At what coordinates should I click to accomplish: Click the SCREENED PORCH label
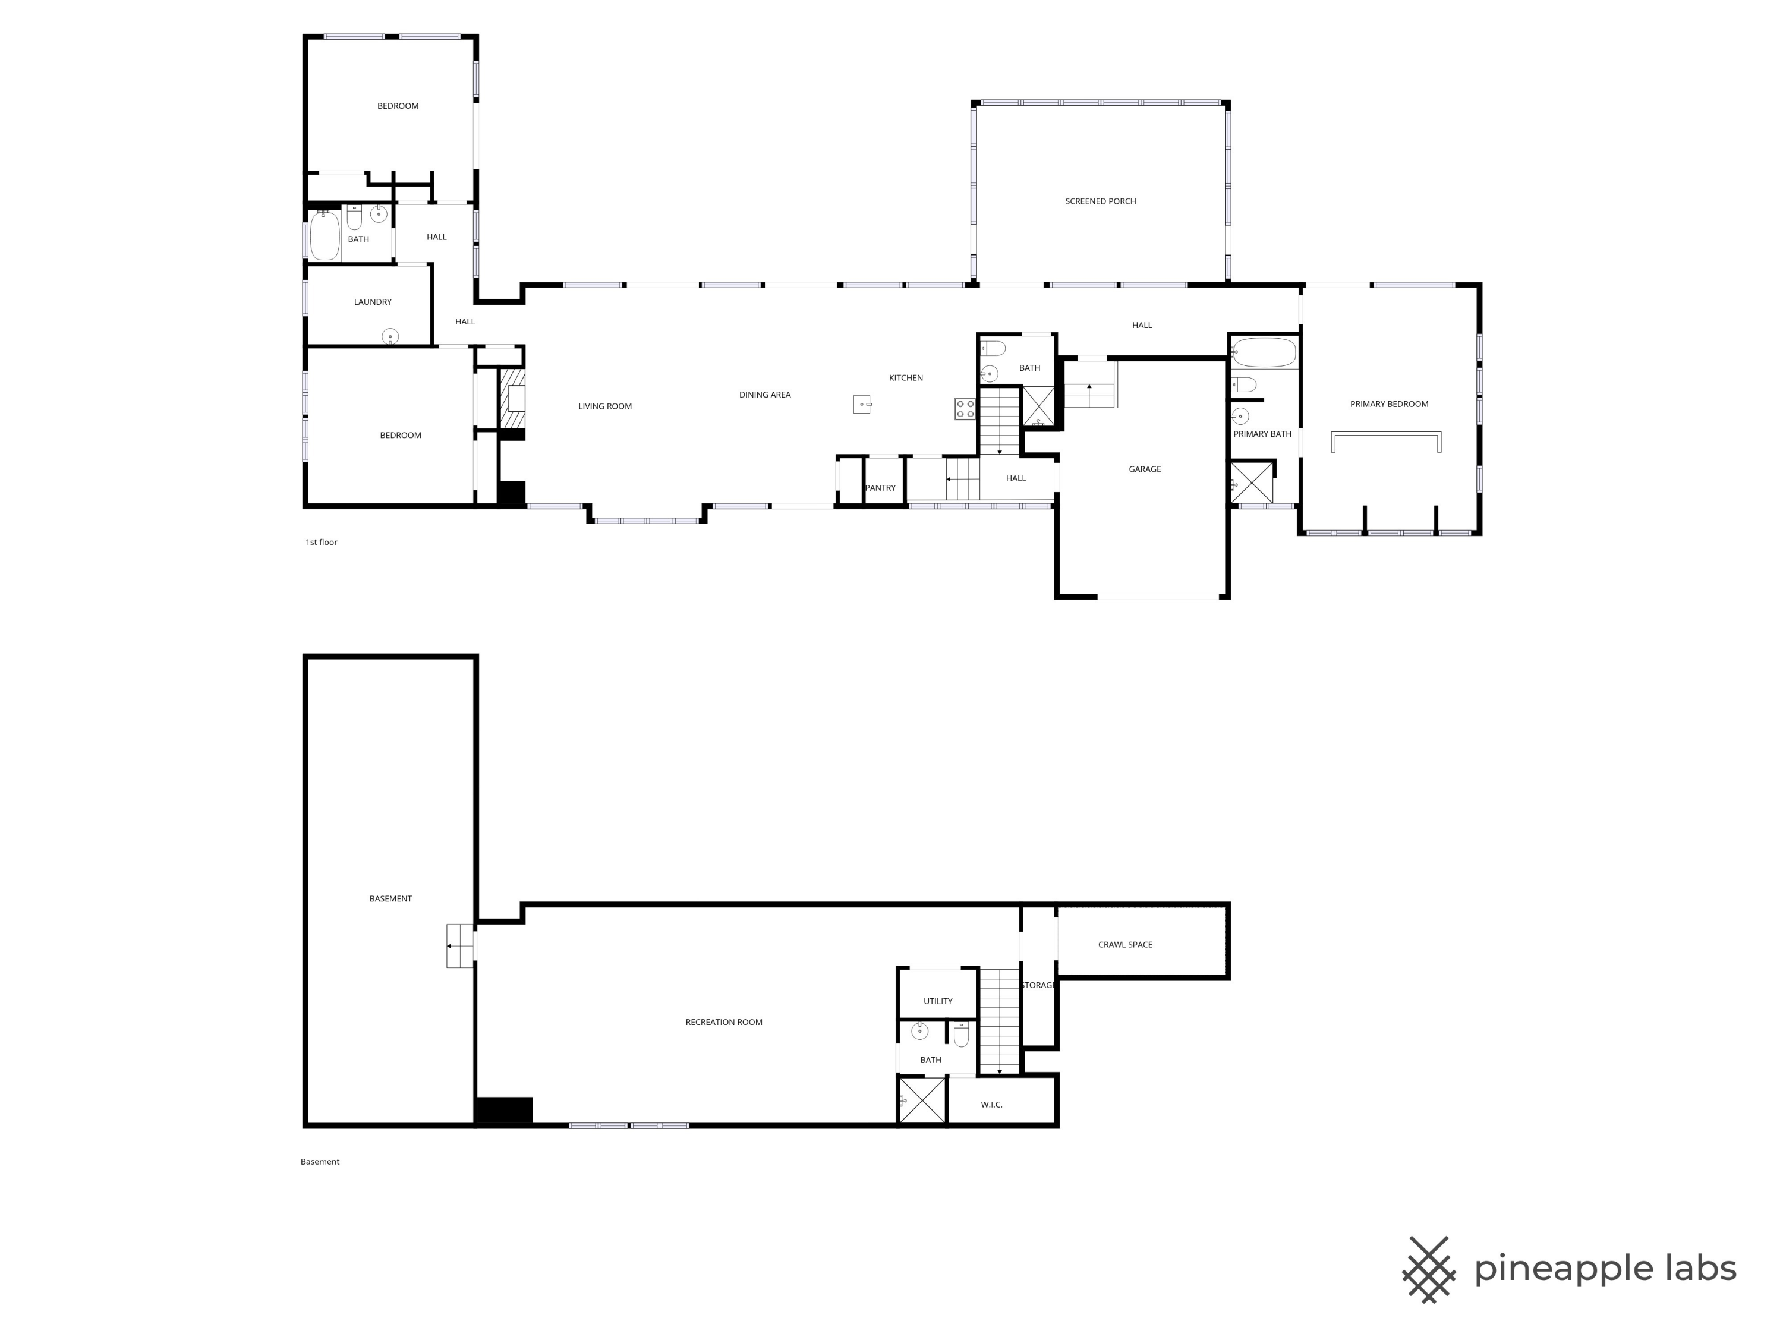(x=1100, y=201)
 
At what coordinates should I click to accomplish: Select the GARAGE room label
(x=1145, y=469)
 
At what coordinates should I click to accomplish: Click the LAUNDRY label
(x=373, y=302)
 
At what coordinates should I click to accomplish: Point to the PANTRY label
(x=880, y=488)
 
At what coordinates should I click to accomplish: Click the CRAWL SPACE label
(x=1125, y=945)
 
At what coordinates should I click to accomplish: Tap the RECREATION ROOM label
(x=724, y=1022)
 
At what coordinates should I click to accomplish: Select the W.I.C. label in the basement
(x=991, y=1104)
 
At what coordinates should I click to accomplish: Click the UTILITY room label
(x=937, y=1001)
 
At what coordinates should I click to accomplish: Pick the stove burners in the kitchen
(x=965, y=409)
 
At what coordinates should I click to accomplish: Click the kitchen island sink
(x=862, y=403)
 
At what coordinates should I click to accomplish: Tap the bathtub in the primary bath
(x=1264, y=353)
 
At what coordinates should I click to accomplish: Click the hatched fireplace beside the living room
(x=513, y=399)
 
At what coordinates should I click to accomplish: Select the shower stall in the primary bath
(x=1252, y=482)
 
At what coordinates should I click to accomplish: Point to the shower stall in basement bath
(x=922, y=1100)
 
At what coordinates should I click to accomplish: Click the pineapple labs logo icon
(x=1428, y=1269)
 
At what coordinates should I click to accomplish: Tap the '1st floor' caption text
(x=321, y=543)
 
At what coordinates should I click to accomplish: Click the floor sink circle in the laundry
(x=390, y=336)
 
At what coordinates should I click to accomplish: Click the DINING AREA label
(x=764, y=395)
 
